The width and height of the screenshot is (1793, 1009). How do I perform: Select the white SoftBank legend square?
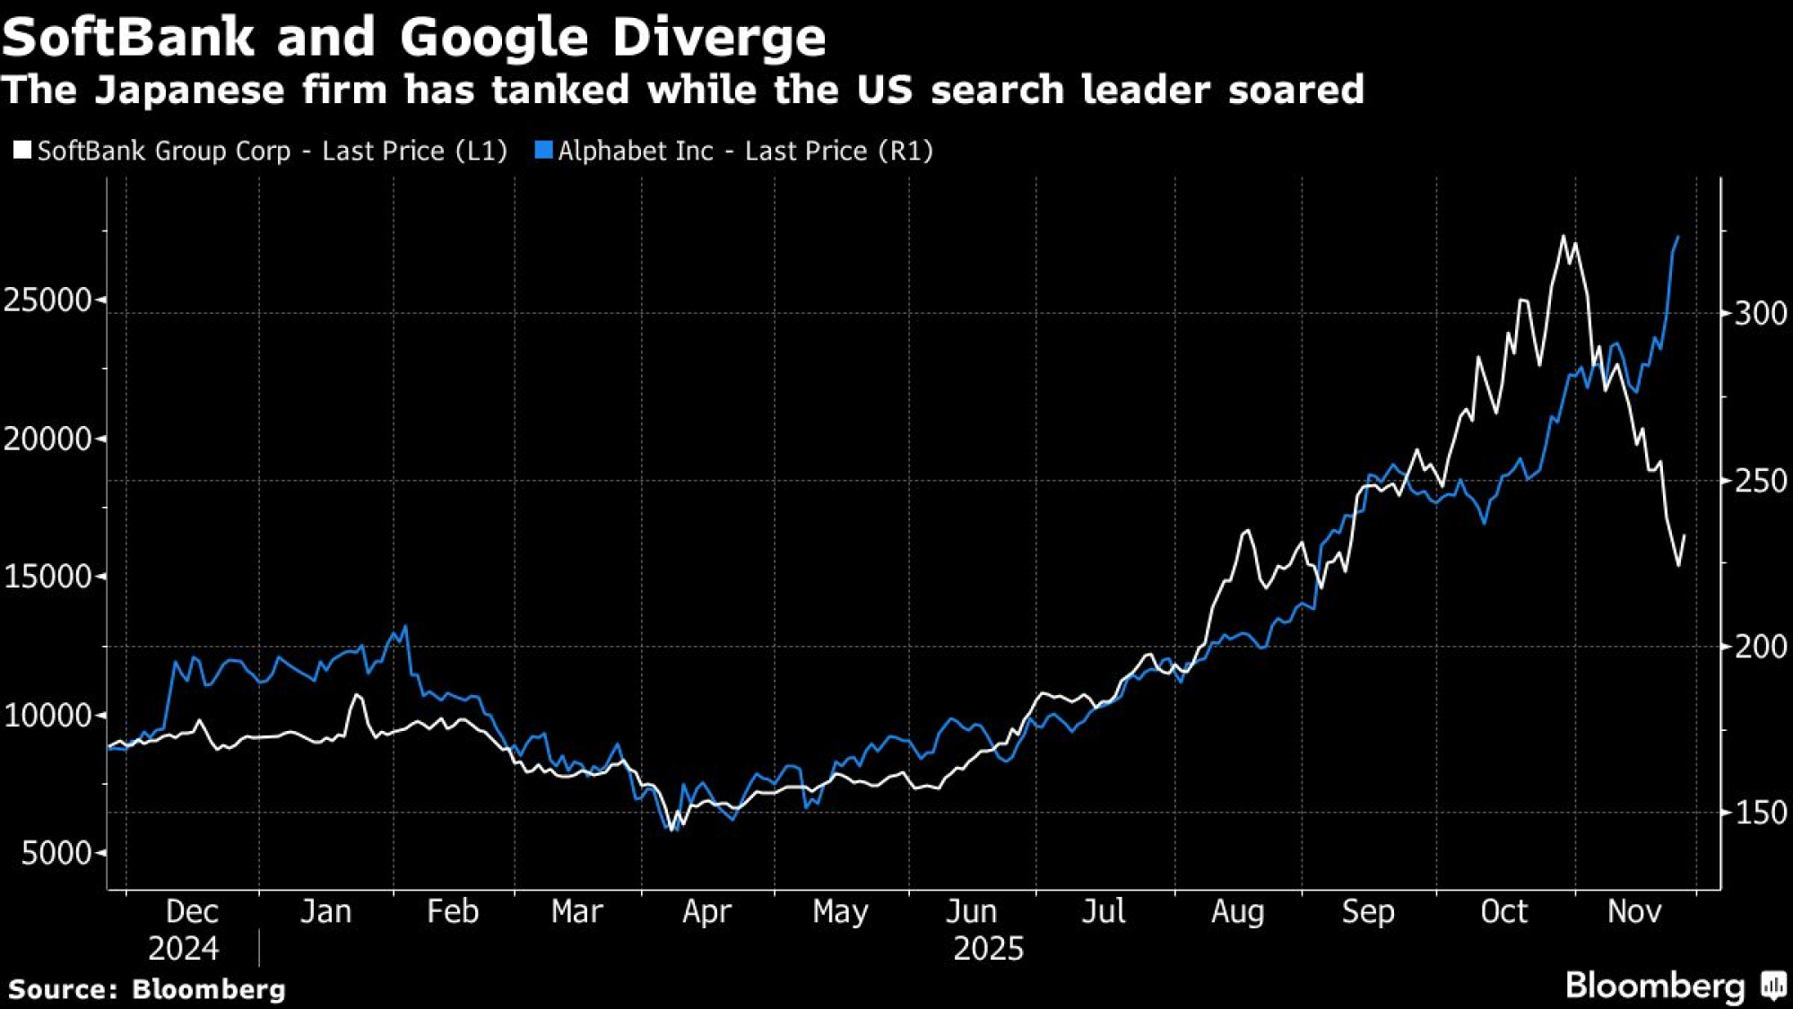[x=22, y=150]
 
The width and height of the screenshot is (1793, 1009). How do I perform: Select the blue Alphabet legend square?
[x=543, y=150]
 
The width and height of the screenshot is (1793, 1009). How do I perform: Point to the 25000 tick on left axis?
[x=48, y=300]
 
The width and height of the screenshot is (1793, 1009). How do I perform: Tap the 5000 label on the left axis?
[x=56, y=853]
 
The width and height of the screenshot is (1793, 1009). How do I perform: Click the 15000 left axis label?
[x=48, y=577]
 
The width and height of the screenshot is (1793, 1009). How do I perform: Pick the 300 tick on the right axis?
[x=1761, y=313]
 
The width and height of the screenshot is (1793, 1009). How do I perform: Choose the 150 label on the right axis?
[x=1761, y=813]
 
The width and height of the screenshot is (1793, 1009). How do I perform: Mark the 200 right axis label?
[x=1761, y=646]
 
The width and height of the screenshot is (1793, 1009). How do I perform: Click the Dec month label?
[x=192, y=911]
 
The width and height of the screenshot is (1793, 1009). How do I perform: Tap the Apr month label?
[x=706, y=911]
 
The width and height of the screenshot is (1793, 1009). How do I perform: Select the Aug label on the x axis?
[x=1237, y=911]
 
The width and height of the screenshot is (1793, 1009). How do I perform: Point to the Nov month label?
[x=1634, y=911]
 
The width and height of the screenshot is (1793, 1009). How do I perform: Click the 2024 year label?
[x=183, y=948]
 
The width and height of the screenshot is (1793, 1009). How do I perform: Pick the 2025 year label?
[x=988, y=948]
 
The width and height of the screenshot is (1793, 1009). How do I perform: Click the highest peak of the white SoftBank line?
[x=1563, y=237]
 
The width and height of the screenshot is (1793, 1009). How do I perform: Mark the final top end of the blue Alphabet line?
[x=1678, y=237]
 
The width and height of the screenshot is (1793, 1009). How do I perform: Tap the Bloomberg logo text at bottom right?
[x=1655, y=986]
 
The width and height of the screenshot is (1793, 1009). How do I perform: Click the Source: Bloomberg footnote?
[x=147, y=989]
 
